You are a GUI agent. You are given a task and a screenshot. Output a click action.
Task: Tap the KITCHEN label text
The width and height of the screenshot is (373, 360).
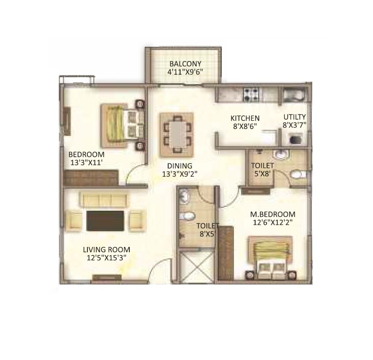click(245, 118)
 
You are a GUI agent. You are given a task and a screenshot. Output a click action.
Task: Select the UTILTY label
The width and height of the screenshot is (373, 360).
click(294, 117)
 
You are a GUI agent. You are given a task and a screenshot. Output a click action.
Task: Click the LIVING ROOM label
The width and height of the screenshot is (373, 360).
click(106, 250)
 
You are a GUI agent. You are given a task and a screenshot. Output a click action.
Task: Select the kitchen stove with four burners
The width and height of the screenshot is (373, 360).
click(251, 94)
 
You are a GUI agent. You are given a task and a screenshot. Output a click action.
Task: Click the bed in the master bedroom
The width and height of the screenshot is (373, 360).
click(270, 258)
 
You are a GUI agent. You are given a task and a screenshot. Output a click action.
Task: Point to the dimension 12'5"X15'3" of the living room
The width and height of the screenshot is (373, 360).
click(106, 258)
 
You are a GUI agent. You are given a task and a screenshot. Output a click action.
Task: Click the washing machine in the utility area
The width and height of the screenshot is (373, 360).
click(294, 140)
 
